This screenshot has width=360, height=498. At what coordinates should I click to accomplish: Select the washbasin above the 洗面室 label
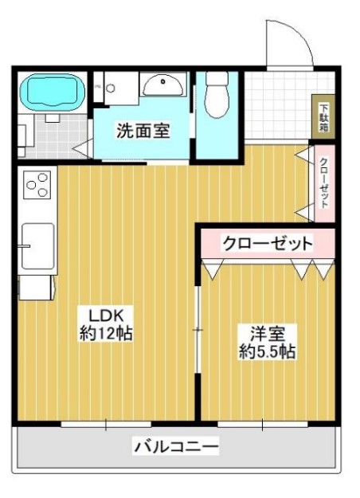click(165, 84)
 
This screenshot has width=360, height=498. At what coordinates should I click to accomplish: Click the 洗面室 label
click(143, 131)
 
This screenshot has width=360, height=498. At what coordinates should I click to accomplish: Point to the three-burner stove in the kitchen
click(37, 186)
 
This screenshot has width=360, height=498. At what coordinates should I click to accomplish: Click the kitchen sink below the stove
click(37, 245)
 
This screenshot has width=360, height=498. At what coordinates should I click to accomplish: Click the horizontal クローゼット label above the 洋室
click(266, 243)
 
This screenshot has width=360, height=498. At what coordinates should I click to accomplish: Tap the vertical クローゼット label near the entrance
click(324, 182)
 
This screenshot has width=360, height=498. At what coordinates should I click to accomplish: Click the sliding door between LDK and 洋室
click(198, 329)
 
